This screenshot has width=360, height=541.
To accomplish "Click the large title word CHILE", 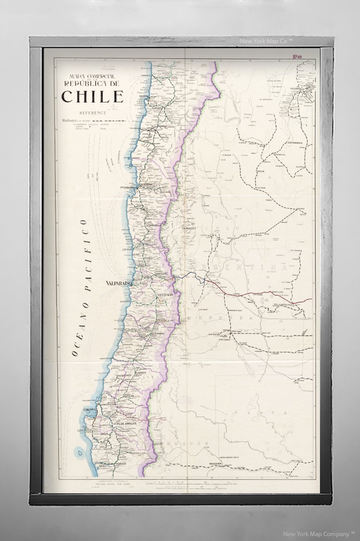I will coord(93,96).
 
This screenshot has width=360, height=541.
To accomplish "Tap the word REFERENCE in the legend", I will coord(93,113).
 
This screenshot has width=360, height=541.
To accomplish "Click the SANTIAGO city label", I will coord(165,296).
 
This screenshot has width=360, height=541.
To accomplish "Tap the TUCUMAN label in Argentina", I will coord(296,89).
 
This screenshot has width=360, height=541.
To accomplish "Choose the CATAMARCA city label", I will coord(295,143).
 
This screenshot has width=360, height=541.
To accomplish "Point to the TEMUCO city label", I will coord(121,464).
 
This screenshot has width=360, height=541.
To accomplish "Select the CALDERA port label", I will coord(143,96).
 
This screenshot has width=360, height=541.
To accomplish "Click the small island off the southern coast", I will coord(80,453).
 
